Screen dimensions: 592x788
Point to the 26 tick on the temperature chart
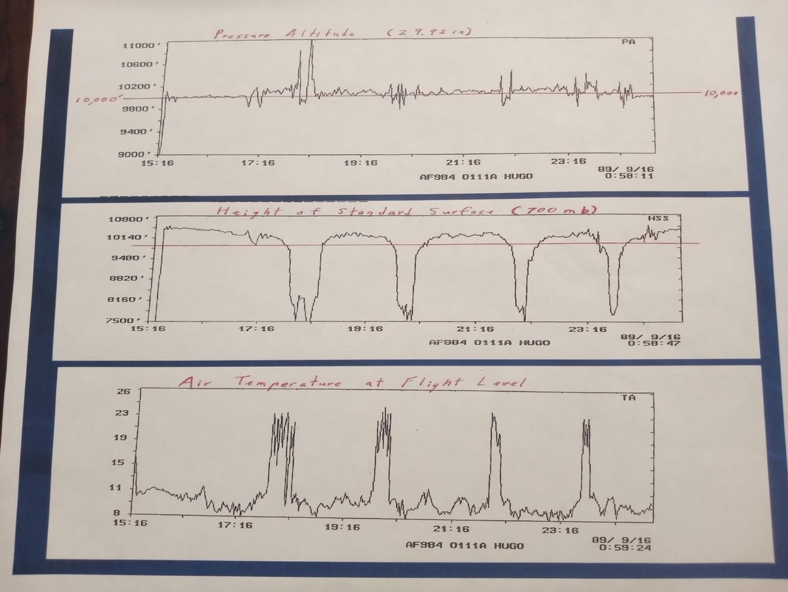pos(125,392)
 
